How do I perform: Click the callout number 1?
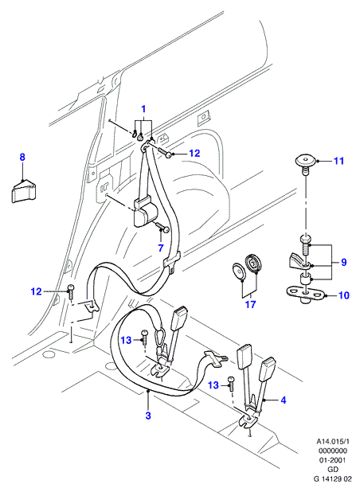[143, 109]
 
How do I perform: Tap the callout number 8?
[22, 157]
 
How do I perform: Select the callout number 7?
[161, 248]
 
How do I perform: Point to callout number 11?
[338, 161]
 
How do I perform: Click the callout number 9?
[343, 262]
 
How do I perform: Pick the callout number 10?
[344, 295]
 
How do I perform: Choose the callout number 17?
[250, 304]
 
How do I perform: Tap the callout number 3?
[148, 416]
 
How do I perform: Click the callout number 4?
[283, 400]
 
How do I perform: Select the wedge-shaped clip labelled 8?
[24, 191]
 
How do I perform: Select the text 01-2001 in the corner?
[333, 460]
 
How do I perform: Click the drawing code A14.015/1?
[333, 441]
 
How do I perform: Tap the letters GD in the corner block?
[333, 470]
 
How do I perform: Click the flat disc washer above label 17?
[239, 271]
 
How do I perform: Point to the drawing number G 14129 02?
[333, 479]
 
